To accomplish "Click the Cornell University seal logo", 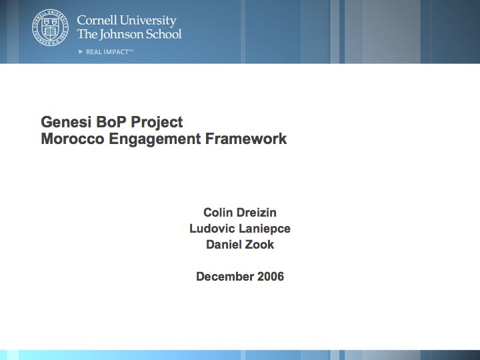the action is pos(50,27).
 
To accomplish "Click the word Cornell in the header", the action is pos(97,21).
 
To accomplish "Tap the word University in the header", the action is pos(148,21).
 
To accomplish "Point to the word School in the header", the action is pos(164,34).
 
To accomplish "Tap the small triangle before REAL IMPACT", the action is pos(81,52).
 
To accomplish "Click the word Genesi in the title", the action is pos(66,122).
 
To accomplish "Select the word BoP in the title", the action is pos(111,122).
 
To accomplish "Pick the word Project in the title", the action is pos(157,123).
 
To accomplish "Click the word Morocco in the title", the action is pos(73,139).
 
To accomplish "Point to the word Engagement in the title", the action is pos(155,139).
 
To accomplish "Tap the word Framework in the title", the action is pos(246,139).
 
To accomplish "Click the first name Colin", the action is pos(215,213).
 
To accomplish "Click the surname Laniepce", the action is pos(265,229).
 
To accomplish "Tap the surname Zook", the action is pos(261,244).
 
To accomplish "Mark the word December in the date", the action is pos(225,277).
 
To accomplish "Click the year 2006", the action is pos(271,277).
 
